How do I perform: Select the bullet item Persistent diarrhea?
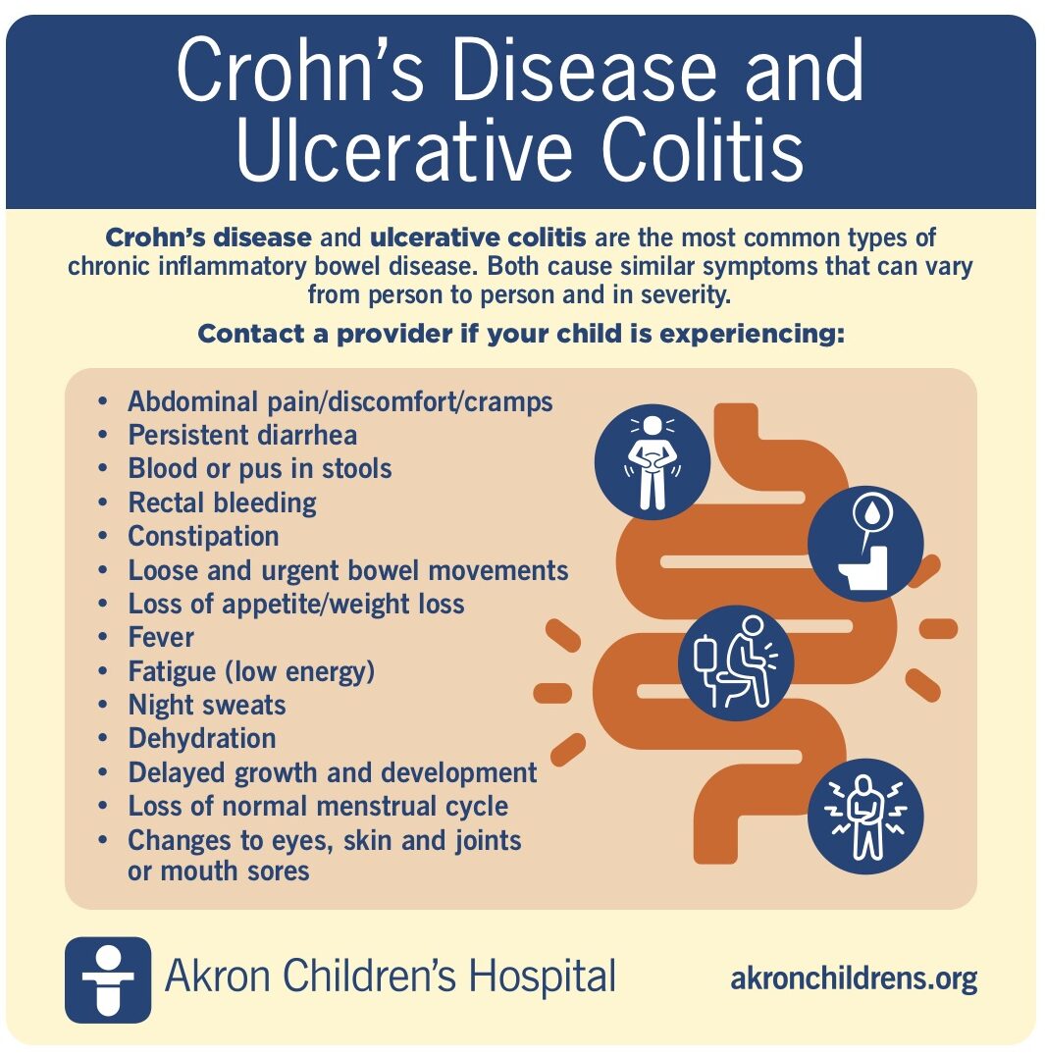[242, 435]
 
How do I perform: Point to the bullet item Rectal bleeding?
[222, 502]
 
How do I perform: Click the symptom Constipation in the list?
[203, 536]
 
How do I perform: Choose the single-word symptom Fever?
[161, 637]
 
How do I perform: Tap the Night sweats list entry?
[207, 705]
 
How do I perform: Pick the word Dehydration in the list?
[202, 738]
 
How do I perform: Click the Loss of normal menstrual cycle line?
[318, 806]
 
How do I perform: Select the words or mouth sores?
[218, 870]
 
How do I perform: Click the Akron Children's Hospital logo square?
[108, 979]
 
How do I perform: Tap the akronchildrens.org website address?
[854, 978]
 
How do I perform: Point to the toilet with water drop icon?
[865, 544]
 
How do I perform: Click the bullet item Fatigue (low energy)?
[251, 671]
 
